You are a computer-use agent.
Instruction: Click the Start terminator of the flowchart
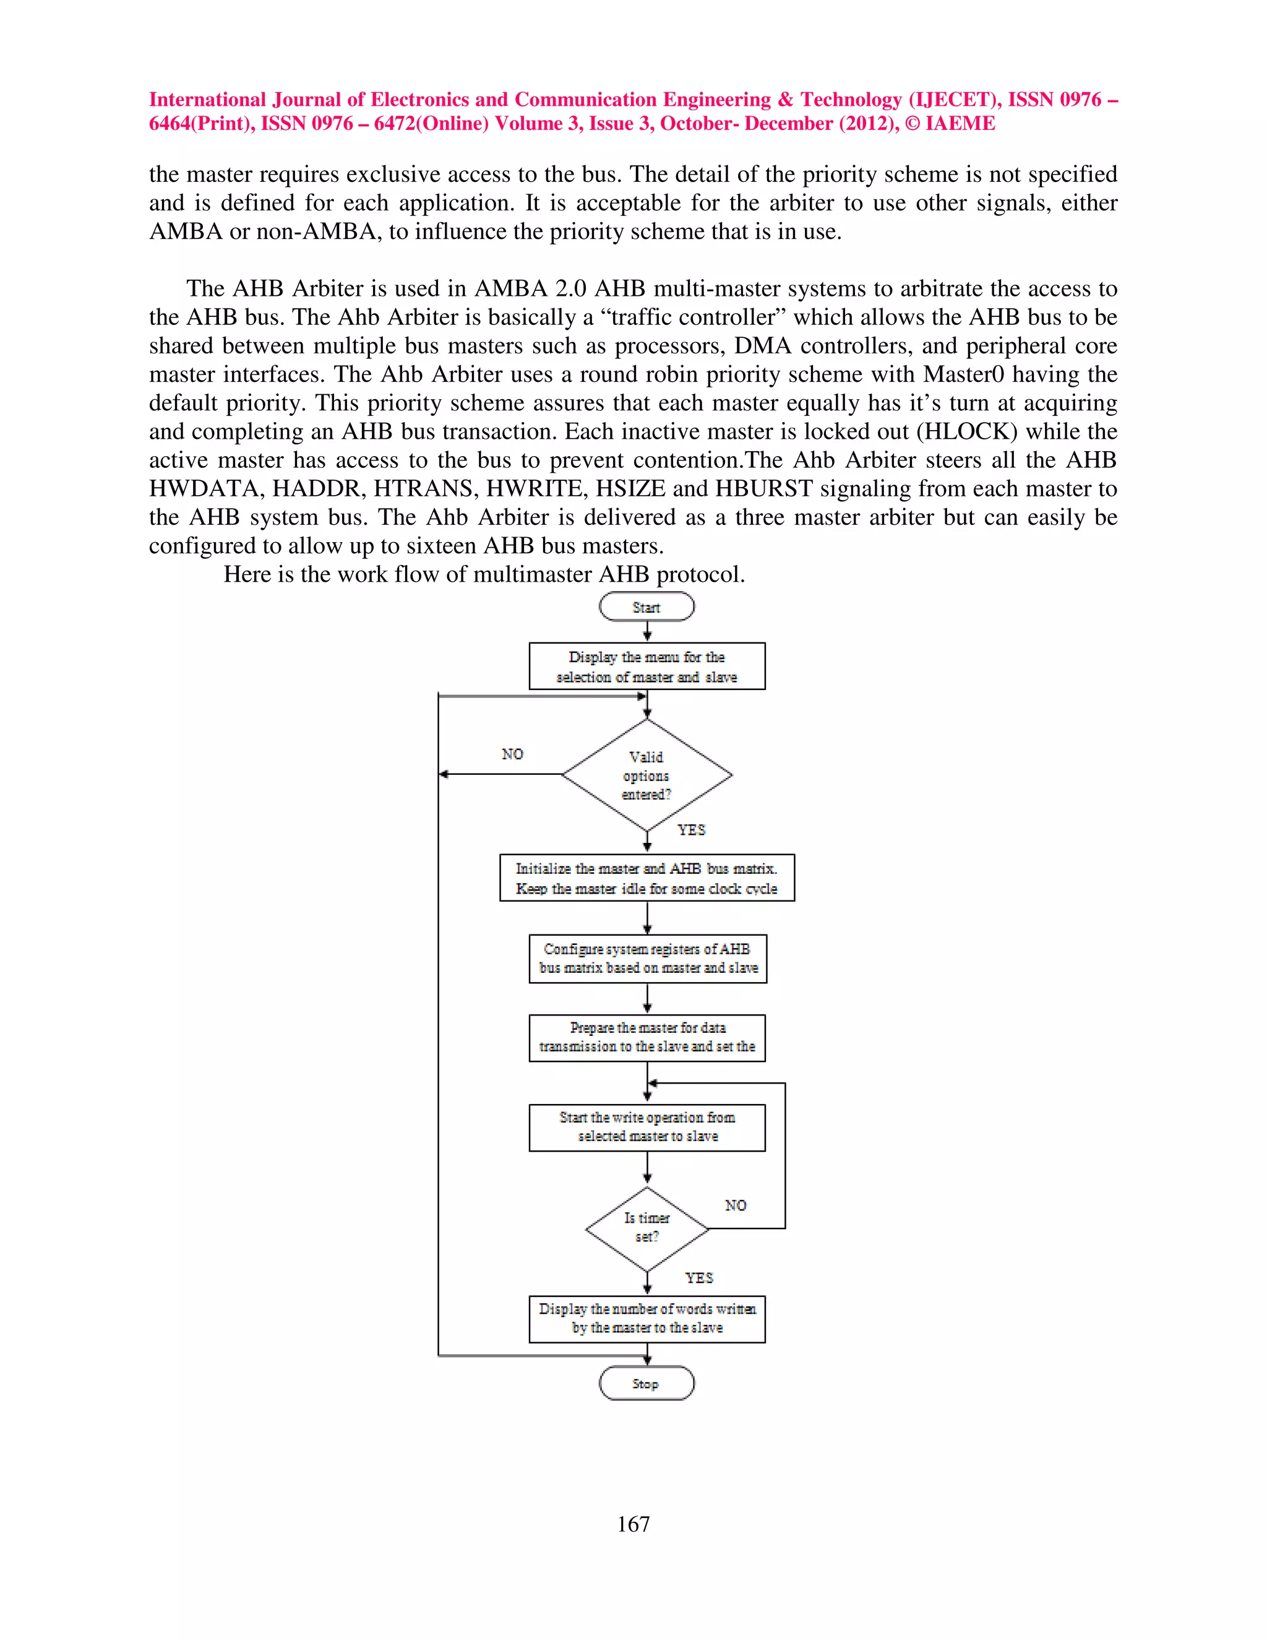point(646,606)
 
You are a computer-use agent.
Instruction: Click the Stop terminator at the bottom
point(646,1383)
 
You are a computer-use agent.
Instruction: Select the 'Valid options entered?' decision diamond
point(646,775)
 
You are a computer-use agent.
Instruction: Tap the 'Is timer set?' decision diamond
point(646,1228)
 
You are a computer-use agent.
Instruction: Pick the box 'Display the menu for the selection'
point(646,666)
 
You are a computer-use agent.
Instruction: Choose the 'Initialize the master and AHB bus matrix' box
point(646,878)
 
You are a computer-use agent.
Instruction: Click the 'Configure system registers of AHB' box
point(647,958)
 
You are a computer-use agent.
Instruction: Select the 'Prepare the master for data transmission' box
point(647,1037)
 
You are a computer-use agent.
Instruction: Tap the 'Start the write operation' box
point(647,1126)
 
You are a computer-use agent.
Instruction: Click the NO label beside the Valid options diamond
point(513,754)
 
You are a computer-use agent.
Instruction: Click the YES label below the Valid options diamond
point(691,830)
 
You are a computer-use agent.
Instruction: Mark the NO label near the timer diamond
point(736,1205)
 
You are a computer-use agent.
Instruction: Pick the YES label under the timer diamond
point(699,1277)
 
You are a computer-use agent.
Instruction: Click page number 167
point(633,1524)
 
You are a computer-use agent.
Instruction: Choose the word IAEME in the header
point(960,124)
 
